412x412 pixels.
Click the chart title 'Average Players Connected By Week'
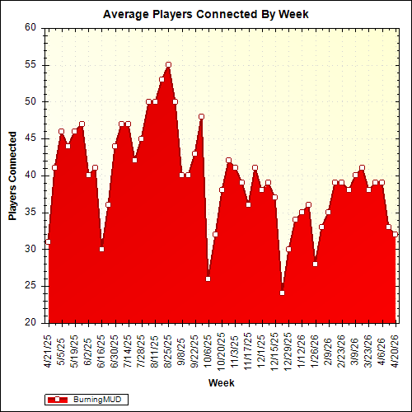tap(205, 15)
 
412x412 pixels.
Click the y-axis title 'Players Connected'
tap(12, 174)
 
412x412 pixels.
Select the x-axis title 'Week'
tap(221, 383)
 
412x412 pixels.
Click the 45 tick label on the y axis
tap(31, 138)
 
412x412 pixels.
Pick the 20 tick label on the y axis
tap(31, 322)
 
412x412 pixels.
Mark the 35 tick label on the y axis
tap(31, 212)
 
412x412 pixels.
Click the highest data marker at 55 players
tap(168, 64)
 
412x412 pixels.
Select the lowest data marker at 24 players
tap(282, 293)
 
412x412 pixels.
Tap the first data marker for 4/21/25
tap(48, 241)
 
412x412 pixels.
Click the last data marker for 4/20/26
tap(396, 234)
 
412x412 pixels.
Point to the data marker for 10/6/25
tap(208, 279)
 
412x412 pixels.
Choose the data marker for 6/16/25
tap(101, 249)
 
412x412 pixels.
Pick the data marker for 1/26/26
tap(315, 264)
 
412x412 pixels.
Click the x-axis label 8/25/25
tap(169, 347)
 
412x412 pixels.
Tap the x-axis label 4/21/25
tap(49, 347)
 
